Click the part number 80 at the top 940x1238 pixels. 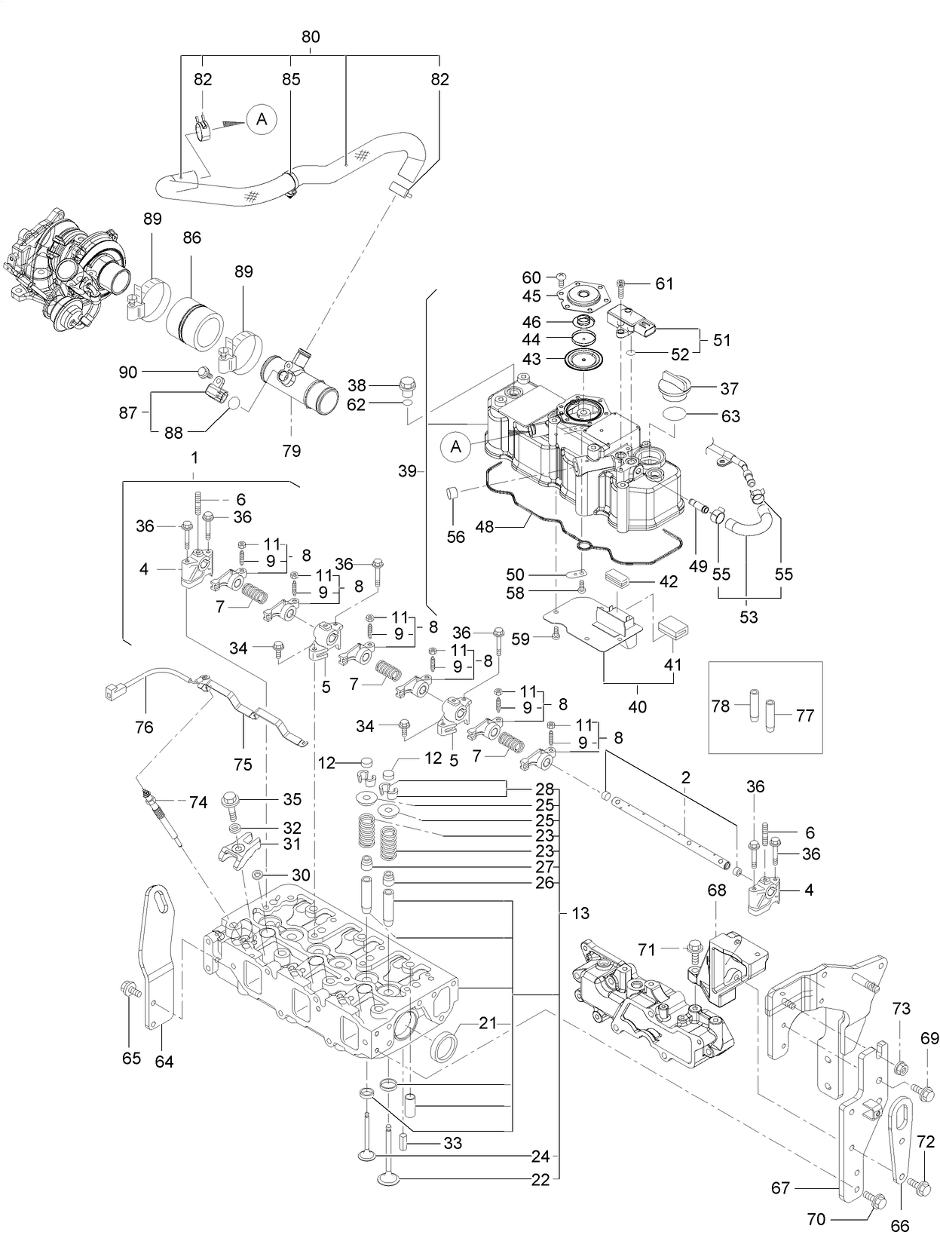[311, 36]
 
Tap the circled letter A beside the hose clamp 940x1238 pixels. [262, 118]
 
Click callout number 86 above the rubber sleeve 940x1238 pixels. [191, 238]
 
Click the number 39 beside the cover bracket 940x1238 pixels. [407, 471]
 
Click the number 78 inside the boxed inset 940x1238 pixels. [721, 706]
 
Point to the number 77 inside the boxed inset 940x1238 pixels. [805, 715]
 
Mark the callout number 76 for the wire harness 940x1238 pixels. [143, 727]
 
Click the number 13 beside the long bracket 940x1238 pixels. [580, 913]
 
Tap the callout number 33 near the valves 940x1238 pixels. [452, 1144]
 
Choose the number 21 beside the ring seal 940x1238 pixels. [488, 1022]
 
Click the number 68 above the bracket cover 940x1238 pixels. [716, 890]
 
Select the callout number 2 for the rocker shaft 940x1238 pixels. [684, 777]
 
